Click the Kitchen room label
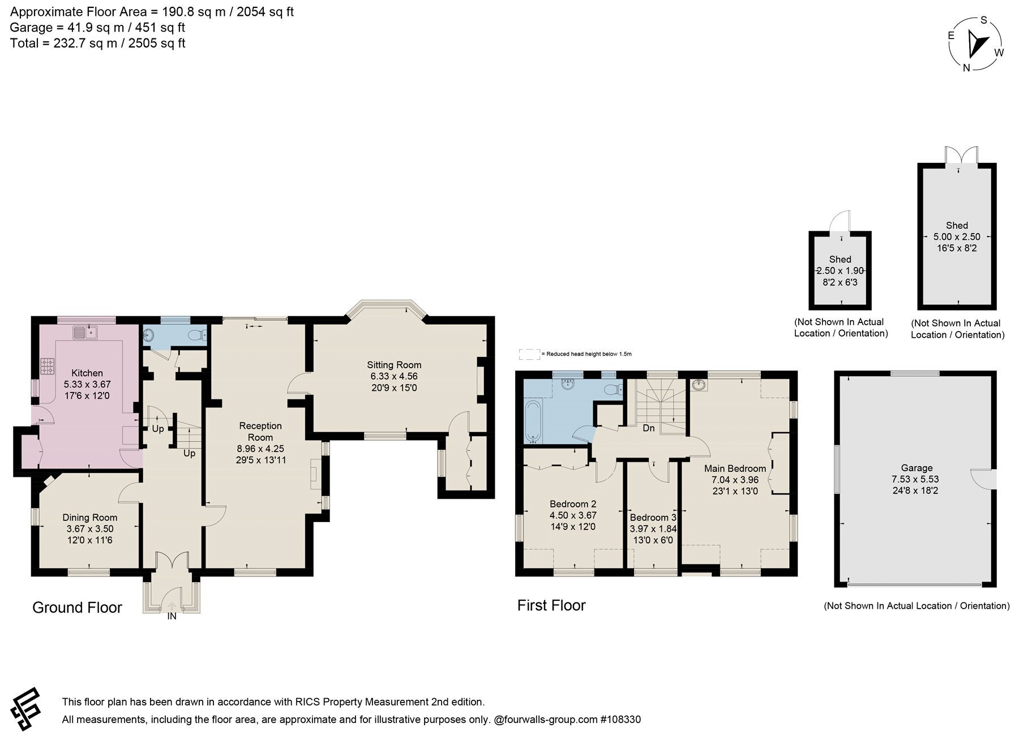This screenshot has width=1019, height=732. click(87, 373)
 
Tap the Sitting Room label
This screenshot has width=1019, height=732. click(394, 365)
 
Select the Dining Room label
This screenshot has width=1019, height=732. click(90, 518)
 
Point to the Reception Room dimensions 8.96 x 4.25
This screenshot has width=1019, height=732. click(260, 449)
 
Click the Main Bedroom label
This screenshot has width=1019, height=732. click(735, 468)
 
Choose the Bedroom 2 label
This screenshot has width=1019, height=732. click(573, 504)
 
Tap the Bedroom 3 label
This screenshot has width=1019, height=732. click(653, 518)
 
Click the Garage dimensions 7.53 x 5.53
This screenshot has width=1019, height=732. click(917, 479)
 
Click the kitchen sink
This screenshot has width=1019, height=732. click(85, 332)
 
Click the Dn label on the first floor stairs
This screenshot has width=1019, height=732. click(649, 428)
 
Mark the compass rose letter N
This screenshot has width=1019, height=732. click(967, 68)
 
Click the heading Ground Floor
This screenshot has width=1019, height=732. click(77, 608)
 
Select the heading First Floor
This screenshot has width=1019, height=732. click(551, 606)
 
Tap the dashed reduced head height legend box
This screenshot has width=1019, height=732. click(530, 354)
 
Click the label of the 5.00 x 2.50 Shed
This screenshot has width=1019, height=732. click(957, 225)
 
